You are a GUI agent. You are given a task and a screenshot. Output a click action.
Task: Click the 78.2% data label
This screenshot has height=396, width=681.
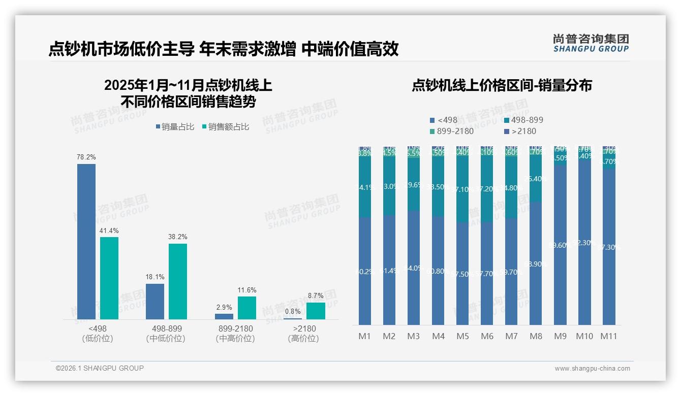[x=86, y=157]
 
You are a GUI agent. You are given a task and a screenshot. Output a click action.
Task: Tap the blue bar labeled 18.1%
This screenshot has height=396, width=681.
[x=155, y=302]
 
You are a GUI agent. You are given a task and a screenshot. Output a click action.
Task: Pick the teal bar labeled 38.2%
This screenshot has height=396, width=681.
[x=178, y=281]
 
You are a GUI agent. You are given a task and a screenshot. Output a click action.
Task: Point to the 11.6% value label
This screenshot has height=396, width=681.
[x=247, y=290]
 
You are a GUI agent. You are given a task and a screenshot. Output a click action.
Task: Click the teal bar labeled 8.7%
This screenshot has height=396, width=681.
[x=316, y=311]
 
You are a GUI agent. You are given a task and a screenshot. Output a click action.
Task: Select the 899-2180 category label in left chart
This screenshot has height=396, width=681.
[x=235, y=328]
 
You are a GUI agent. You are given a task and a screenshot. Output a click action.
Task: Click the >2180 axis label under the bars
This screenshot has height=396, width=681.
[x=303, y=328]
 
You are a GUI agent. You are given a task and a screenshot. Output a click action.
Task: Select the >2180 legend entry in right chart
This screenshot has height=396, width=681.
[x=520, y=131]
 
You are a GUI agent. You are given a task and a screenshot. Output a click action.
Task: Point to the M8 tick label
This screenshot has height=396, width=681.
[x=536, y=336]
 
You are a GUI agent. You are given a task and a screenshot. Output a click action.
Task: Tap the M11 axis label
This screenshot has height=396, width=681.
[x=609, y=336]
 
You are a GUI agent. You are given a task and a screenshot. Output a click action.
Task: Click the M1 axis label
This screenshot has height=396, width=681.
[x=365, y=336]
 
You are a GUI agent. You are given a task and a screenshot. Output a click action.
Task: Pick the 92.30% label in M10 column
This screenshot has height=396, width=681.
[x=584, y=243]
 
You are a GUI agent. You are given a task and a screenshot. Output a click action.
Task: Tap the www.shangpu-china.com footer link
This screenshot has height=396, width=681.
[x=592, y=369]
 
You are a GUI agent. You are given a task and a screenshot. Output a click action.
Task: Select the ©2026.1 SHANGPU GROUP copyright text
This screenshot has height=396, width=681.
[x=100, y=368]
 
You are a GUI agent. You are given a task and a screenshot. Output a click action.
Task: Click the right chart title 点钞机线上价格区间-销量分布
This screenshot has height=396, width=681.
[x=502, y=85]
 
